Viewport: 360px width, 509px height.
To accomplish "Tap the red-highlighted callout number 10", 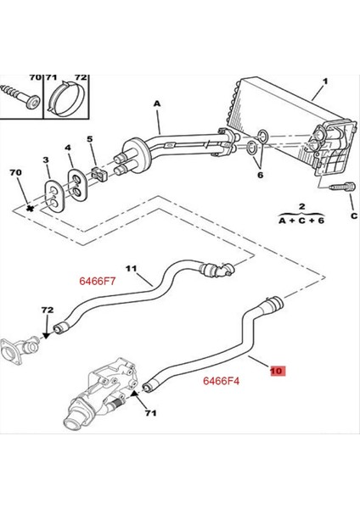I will point(278,371).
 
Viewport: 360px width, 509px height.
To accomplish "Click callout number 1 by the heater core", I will point(323,84).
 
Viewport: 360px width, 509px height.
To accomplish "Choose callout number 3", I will point(48,160).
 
